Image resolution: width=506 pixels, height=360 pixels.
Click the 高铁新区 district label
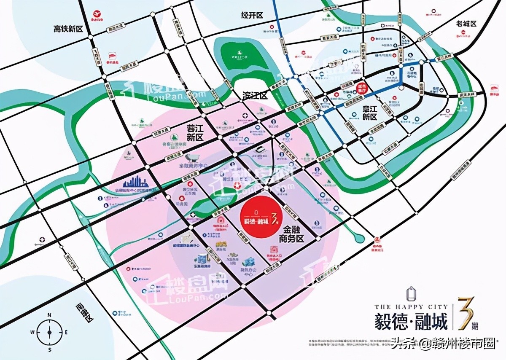[x=68, y=29]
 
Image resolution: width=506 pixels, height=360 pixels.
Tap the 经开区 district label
[x=252, y=15]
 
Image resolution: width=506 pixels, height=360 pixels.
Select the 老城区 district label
[x=466, y=24]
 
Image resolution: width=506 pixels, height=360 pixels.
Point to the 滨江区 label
[x=255, y=96]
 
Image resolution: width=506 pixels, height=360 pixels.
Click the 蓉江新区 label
[x=195, y=132]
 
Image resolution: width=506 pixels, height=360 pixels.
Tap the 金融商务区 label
[x=291, y=234]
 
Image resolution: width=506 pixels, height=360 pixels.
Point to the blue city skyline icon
[x=135, y=182]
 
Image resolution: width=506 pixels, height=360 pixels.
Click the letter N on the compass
[x=49, y=315]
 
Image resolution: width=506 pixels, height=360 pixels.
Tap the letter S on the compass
[x=50, y=350]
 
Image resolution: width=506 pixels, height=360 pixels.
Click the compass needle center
[x=50, y=333]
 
